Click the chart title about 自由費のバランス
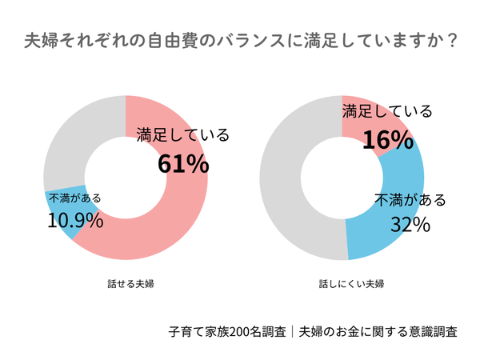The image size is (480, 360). point(240,40)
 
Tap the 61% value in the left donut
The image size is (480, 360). point(183,163)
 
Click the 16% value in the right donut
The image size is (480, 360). point(387,140)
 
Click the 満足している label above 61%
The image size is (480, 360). point(183,134)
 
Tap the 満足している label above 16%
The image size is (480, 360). point(387,111)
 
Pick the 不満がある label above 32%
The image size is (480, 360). point(410,200)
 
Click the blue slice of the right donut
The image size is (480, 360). point(384,240)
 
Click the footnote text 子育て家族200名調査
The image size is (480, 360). point(228,331)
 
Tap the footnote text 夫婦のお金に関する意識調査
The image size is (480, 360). point(378,331)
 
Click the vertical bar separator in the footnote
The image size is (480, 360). point(293,331)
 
